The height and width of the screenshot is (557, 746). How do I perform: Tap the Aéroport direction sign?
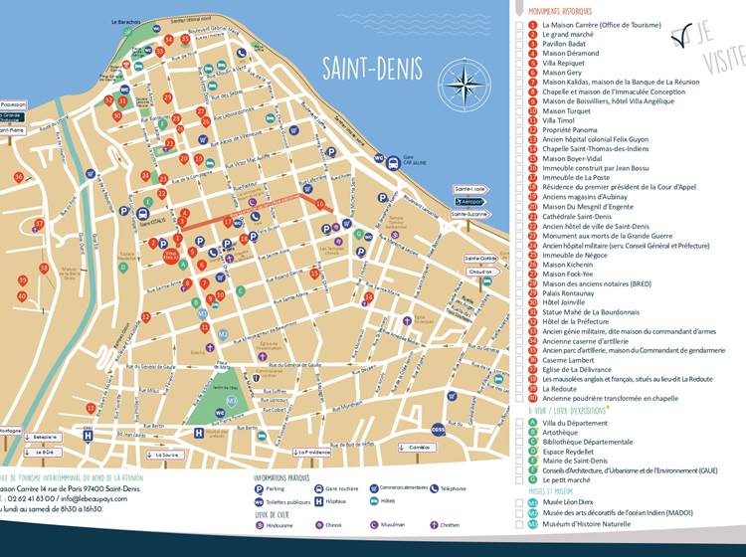point(470,201)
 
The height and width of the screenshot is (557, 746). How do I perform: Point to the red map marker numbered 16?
point(319,204)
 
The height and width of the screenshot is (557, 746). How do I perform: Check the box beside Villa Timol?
point(520,119)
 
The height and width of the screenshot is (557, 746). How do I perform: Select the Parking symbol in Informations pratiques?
point(261,489)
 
